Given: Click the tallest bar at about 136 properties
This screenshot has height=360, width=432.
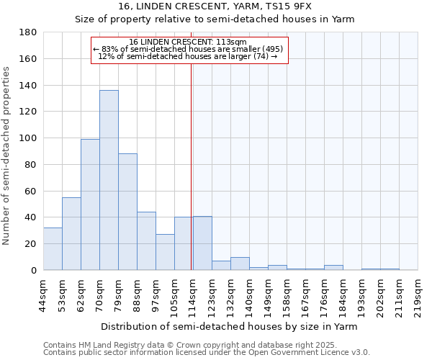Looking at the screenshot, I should (x=109, y=180).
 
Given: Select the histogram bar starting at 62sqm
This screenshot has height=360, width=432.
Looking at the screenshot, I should (x=90, y=204).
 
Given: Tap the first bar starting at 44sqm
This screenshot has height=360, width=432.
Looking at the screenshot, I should (x=53, y=249).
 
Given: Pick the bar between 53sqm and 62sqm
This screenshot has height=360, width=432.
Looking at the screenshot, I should (x=71, y=234).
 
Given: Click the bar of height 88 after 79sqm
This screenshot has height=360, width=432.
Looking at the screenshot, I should (x=127, y=212).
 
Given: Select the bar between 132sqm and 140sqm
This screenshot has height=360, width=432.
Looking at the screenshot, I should (x=240, y=264).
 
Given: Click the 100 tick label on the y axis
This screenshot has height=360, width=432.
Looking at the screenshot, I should (x=28, y=138).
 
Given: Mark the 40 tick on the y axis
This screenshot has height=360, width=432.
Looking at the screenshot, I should (x=31, y=217).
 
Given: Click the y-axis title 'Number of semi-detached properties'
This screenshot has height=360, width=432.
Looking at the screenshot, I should (x=7, y=156).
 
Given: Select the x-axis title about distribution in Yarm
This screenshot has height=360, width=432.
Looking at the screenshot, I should (x=229, y=326).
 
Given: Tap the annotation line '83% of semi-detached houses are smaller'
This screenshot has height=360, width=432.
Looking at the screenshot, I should (x=188, y=49).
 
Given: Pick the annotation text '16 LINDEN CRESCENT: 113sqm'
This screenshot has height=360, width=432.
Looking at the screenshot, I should (x=188, y=42).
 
